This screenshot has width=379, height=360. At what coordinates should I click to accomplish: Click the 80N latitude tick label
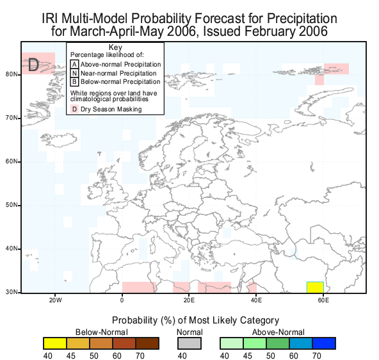[12, 74]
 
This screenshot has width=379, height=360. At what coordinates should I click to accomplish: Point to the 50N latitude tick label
[12, 205]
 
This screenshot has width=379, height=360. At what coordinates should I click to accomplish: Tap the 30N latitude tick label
[12, 292]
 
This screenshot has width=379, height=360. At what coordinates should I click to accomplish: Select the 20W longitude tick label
[55, 300]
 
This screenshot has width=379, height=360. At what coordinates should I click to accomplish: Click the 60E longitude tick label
[323, 300]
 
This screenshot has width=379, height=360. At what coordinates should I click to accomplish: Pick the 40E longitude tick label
[256, 300]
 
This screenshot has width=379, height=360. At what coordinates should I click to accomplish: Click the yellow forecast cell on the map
[315, 287]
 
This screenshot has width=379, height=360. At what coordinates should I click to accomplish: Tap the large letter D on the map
[33, 65]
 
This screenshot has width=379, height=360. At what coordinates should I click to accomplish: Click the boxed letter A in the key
[74, 64]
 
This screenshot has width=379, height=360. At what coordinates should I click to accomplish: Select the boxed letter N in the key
[74, 73]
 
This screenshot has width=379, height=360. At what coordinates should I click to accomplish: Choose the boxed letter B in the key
[74, 82]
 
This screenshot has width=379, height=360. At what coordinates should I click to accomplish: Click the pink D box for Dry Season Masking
[74, 109]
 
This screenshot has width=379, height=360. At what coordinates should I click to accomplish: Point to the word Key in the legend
[115, 47]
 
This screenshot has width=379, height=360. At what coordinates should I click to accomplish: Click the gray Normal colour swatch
[189, 343]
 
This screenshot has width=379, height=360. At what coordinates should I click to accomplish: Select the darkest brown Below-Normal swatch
[147, 343]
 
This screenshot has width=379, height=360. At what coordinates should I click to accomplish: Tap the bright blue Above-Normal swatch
[324, 343]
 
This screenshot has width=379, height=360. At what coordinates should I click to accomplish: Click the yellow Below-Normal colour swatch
[55, 343]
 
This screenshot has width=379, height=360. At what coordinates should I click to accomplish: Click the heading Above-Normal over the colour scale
[278, 332]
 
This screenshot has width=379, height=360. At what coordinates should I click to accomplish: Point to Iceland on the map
[59, 140]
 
